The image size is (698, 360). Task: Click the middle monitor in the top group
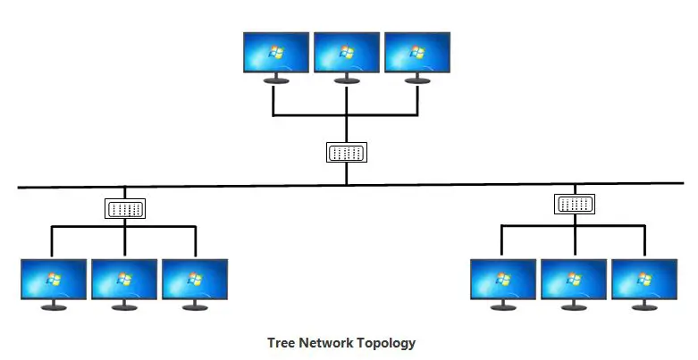[347, 53]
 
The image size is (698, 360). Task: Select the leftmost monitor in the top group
[277, 53]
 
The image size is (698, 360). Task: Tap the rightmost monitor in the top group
[417, 53]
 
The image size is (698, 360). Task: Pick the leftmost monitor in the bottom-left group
[54, 280]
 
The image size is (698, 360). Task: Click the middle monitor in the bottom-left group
[124, 280]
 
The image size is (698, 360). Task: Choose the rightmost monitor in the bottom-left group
[195, 280]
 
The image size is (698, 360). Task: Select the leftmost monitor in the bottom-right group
[504, 280]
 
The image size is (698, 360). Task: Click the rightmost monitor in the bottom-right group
[644, 280]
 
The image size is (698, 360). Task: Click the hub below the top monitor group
[347, 153]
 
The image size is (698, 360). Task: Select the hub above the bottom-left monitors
[124, 210]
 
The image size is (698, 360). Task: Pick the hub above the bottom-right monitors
[575, 205]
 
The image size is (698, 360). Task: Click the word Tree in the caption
[281, 342]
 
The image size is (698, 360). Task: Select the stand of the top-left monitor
[277, 80]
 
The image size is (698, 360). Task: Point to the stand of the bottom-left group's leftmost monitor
[54, 306]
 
